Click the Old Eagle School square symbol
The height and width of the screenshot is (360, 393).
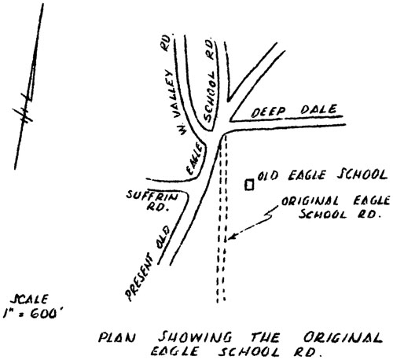click(249, 185)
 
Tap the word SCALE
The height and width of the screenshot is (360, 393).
click(29, 299)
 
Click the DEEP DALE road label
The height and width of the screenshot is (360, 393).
click(294, 111)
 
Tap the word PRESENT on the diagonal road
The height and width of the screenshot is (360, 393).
click(138, 277)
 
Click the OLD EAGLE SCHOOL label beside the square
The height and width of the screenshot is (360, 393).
click(322, 175)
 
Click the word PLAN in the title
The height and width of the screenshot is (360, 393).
click(117, 338)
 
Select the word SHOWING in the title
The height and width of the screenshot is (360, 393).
click(195, 337)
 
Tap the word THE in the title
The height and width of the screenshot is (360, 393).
click(265, 337)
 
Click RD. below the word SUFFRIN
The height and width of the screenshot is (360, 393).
click(156, 207)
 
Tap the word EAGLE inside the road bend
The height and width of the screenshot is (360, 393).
click(195, 160)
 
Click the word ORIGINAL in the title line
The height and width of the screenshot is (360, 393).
click(343, 337)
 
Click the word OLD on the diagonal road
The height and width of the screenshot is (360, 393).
click(163, 237)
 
